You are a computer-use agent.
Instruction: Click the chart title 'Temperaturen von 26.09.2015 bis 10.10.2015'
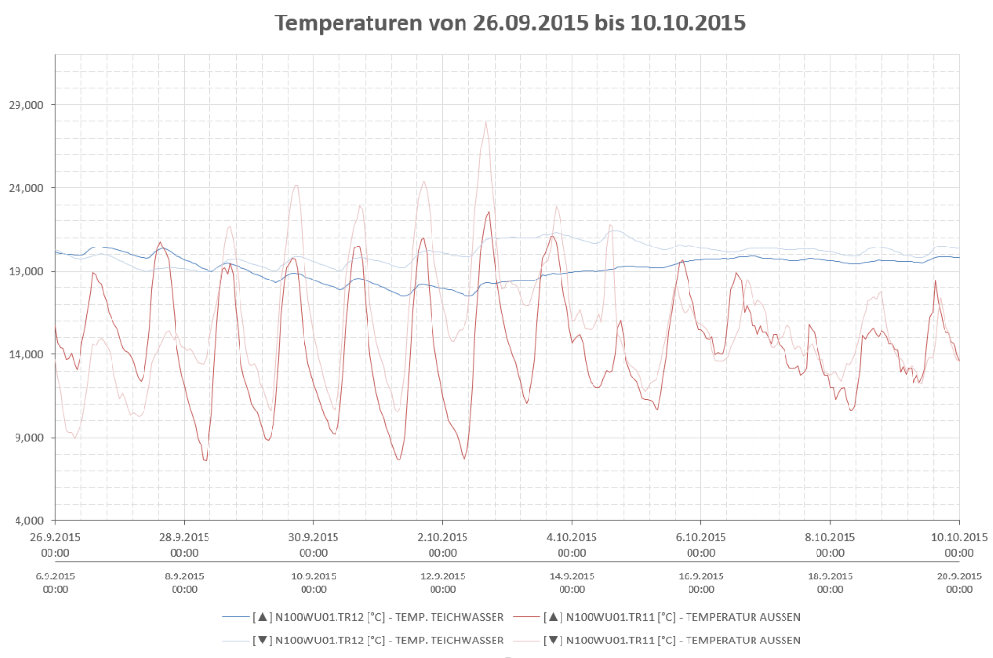point(510,23)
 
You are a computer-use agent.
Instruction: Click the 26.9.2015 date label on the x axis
point(55,537)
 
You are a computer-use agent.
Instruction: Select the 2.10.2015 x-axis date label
point(443,537)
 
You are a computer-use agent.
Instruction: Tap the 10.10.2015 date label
point(958,537)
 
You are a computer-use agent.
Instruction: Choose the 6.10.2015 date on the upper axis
point(701,537)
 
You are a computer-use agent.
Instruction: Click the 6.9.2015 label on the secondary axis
point(55,576)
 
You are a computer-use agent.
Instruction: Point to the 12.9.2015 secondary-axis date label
point(443,576)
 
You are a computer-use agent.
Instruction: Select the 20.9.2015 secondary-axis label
point(958,576)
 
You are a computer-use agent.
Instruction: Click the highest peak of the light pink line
point(486,122)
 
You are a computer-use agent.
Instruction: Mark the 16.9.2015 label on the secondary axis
point(701,576)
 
